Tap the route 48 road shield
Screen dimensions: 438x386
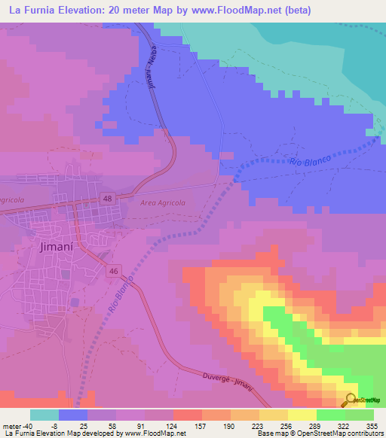(x=109, y=198)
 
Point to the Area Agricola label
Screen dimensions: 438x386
(x=162, y=202)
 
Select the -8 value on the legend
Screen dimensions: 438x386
(x=44, y=425)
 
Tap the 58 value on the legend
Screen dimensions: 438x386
(x=102, y=425)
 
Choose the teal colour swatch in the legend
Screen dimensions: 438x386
(x=44, y=415)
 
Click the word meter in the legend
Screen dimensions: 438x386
(x=11, y=425)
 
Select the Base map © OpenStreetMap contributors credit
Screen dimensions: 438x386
(x=317, y=433)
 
